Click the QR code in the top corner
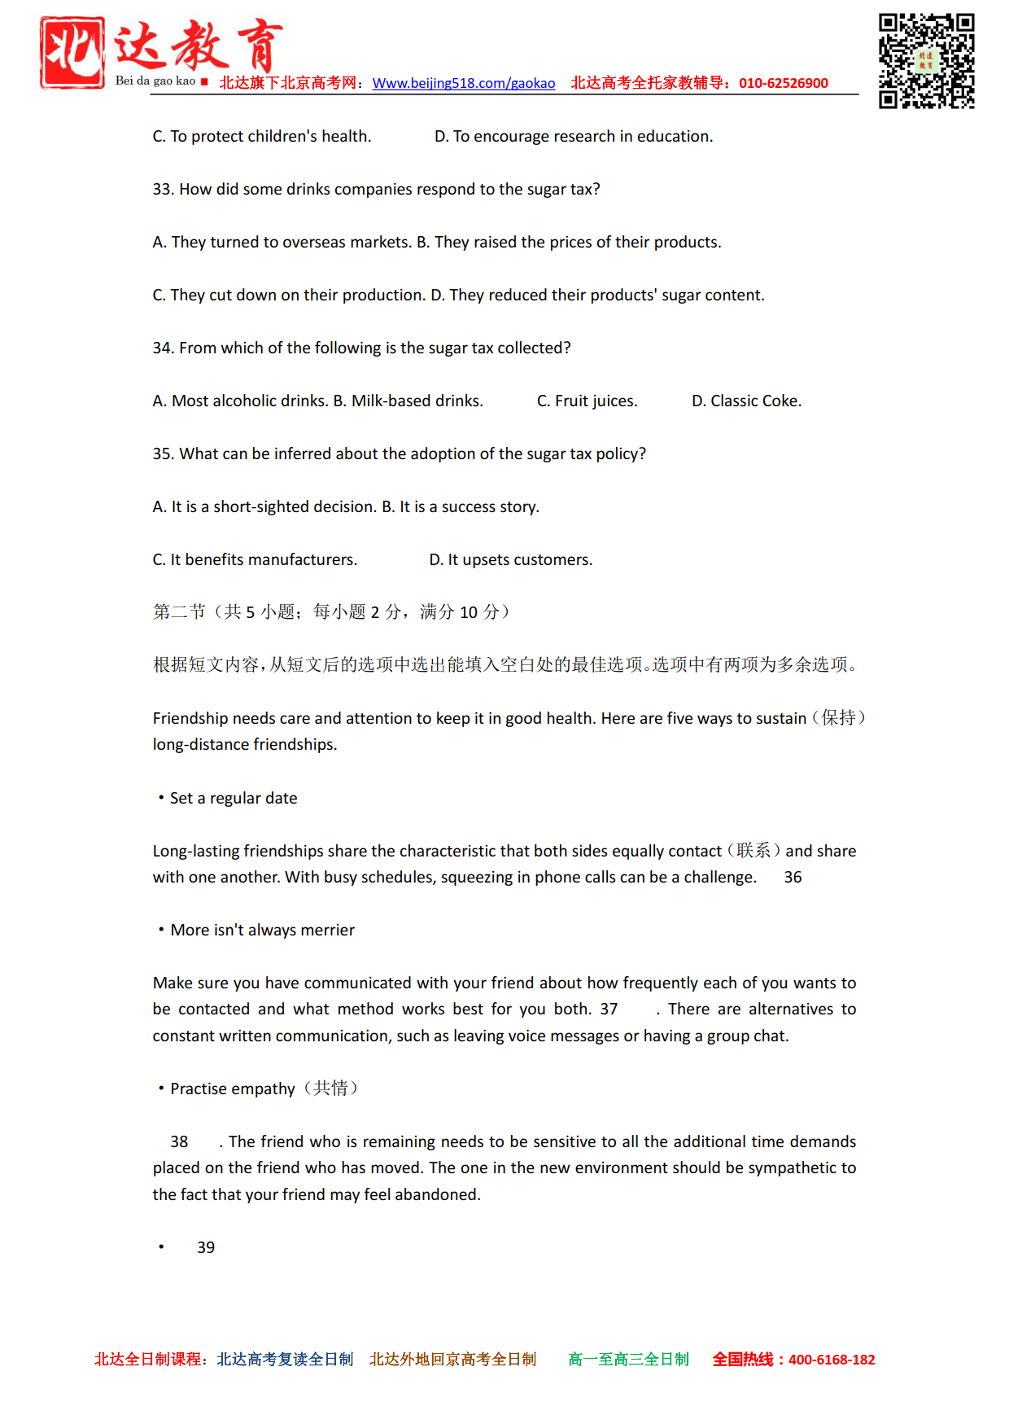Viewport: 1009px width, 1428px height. [926, 60]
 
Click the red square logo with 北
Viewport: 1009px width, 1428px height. [72, 53]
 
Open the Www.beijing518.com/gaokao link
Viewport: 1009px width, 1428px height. [463, 83]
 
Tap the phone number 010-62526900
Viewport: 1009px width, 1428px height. [783, 83]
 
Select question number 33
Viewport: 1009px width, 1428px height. [163, 190]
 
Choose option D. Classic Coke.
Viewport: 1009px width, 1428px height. [746, 401]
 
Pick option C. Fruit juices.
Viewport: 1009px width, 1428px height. [587, 401]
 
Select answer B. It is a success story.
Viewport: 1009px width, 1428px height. [461, 507]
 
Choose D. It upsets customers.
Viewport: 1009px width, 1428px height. [510, 560]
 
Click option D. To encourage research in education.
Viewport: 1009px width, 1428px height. [573, 137]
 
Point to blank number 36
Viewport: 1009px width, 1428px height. [793, 878]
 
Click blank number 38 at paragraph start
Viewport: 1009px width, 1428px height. [179, 1142]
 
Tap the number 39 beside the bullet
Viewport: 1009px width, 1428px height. [206, 1248]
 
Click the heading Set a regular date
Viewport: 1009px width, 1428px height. [234, 799]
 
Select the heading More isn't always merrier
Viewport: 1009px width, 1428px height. [262, 931]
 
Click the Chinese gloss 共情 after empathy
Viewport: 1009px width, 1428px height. [330, 1089]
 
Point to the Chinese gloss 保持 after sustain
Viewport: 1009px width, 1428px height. [838, 718]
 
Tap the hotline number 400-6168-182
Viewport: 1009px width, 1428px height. [831, 1360]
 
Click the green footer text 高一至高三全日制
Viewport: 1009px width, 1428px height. [628, 1360]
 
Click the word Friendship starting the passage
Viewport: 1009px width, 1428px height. [190, 719]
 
